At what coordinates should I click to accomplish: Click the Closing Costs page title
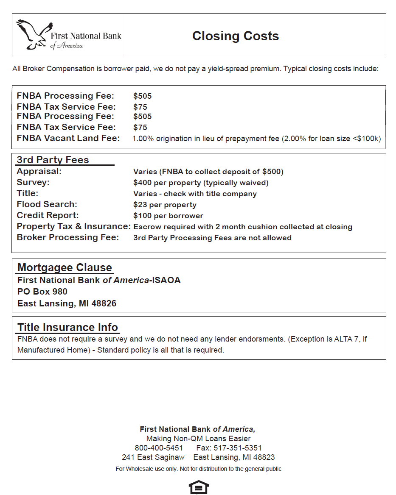[x=236, y=36]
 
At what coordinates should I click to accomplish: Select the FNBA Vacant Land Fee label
[x=68, y=138]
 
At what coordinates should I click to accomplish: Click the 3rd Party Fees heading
[x=53, y=160]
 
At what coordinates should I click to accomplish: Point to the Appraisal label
[x=39, y=171]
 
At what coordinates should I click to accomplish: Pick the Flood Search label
[x=47, y=204]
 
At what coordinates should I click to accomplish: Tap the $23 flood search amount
[x=140, y=205]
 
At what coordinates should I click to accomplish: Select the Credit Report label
[x=48, y=215]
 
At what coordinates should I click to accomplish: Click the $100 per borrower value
[x=168, y=216]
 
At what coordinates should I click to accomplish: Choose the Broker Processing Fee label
[x=68, y=237]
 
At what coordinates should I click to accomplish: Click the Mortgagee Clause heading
[x=65, y=268]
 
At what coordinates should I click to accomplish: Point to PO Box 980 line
[x=42, y=292]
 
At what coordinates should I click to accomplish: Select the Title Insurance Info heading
[x=67, y=328]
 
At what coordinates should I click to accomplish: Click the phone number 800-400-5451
[x=159, y=448]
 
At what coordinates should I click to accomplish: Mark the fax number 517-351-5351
[x=238, y=448]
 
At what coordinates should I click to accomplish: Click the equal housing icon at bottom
[x=198, y=488]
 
